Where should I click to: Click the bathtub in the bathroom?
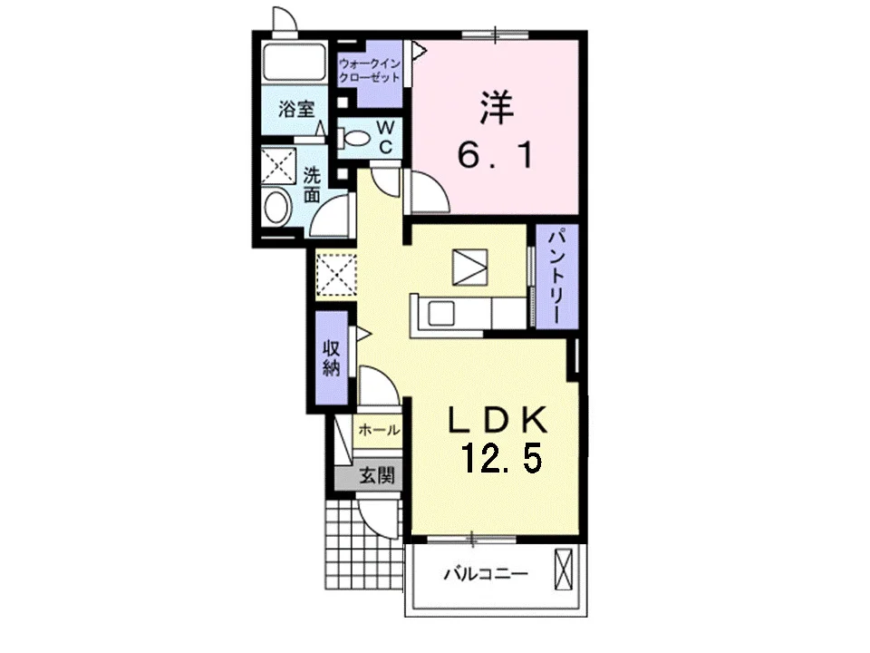(x=294, y=61)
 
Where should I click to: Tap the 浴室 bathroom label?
(x=296, y=109)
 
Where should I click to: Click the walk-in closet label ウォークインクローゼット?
(x=369, y=71)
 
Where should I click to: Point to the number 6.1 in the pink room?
(x=496, y=154)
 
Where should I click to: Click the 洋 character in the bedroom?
(x=497, y=108)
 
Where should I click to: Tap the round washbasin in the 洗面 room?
(x=277, y=207)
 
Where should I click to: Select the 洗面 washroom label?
(x=312, y=185)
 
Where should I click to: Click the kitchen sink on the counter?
(x=441, y=315)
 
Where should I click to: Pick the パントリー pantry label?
(x=557, y=276)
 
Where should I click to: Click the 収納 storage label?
(x=332, y=357)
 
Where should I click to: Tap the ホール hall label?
(x=379, y=429)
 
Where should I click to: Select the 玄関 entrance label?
(x=376, y=475)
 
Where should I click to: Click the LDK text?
(x=498, y=420)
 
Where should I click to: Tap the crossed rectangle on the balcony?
(x=563, y=570)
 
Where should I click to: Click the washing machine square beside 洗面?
(x=278, y=165)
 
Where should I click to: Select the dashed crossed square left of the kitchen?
(x=335, y=276)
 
